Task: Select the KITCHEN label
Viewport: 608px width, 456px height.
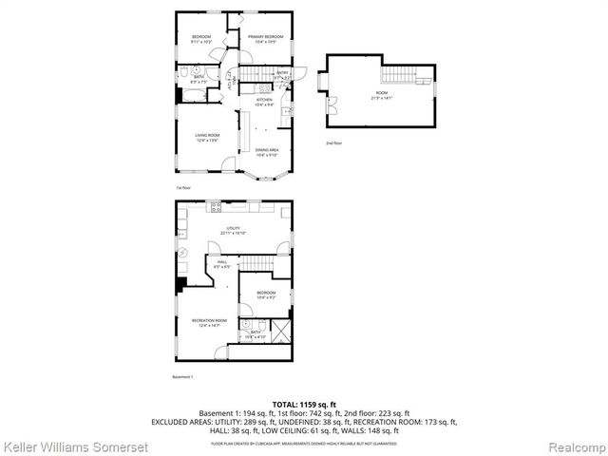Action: pos(264,101)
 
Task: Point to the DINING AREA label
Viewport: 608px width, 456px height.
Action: pos(266,152)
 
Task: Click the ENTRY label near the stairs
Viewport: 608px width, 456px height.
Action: pos(283,74)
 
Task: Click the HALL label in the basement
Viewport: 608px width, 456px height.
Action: pos(221,264)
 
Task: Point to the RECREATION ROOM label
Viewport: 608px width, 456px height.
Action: pos(208,322)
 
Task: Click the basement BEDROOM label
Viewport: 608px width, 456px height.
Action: pos(265,294)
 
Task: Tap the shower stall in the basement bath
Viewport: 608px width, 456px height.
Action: pos(282,332)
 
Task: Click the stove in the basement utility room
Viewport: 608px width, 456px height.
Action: pos(216,206)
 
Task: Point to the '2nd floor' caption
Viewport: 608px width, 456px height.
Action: pos(333,143)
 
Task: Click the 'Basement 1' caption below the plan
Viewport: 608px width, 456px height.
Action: pos(182,377)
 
